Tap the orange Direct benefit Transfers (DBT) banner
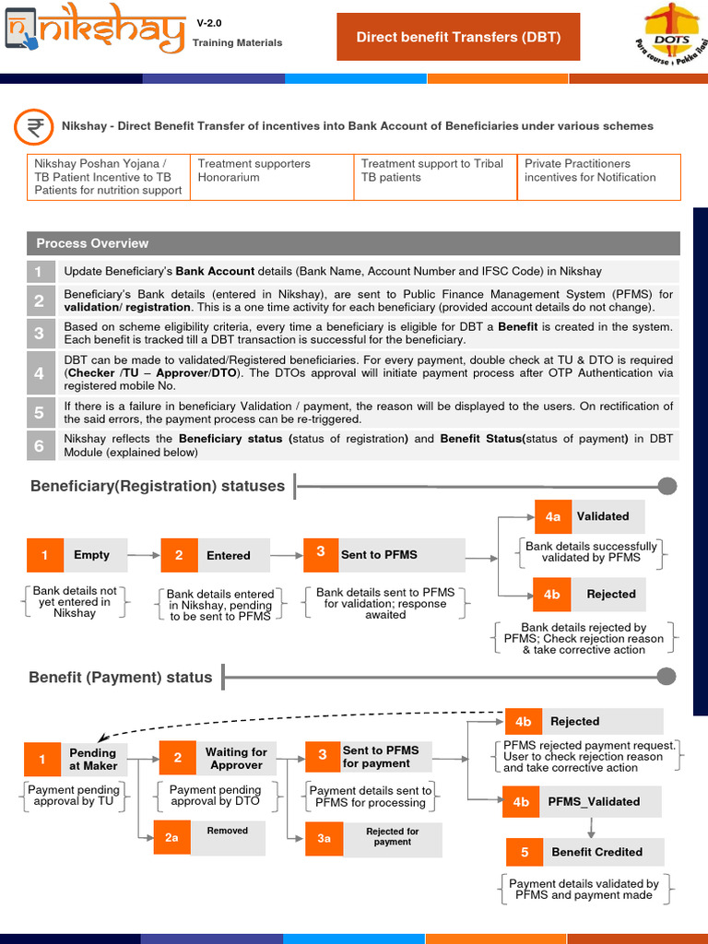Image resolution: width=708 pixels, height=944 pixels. click(458, 37)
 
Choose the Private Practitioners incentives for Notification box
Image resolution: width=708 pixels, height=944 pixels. click(598, 177)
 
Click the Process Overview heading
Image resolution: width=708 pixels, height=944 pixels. click(92, 243)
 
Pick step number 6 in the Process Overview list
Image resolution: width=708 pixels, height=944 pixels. click(39, 446)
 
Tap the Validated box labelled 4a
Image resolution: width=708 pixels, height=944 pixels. click(589, 516)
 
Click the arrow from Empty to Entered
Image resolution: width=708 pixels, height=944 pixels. click(143, 555)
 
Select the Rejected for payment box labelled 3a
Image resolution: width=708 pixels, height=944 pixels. click(373, 837)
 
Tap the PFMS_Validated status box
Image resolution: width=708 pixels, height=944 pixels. click(582, 802)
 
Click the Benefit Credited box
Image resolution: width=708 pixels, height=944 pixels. click(583, 852)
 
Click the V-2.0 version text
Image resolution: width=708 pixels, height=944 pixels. click(209, 22)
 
